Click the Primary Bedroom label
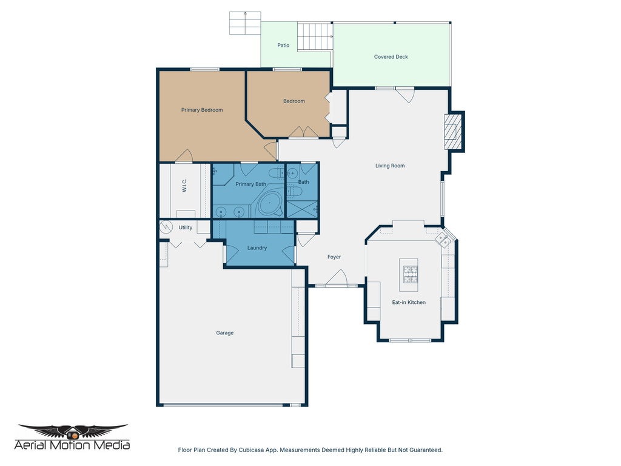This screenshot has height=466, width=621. (202, 110)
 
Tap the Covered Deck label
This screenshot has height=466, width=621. (391, 57)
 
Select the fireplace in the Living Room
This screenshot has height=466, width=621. (452, 132)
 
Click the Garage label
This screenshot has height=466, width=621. (225, 333)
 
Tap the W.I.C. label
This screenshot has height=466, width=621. (184, 186)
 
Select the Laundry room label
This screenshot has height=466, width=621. (257, 248)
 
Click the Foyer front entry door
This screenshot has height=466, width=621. (335, 280)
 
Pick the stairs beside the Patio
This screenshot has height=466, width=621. (315, 37)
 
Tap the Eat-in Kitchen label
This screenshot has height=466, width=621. (409, 302)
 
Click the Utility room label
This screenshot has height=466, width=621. (186, 228)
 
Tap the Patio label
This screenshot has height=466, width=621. (283, 46)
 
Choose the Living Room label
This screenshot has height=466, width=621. (390, 166)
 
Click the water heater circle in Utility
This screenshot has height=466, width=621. (166, 228)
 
